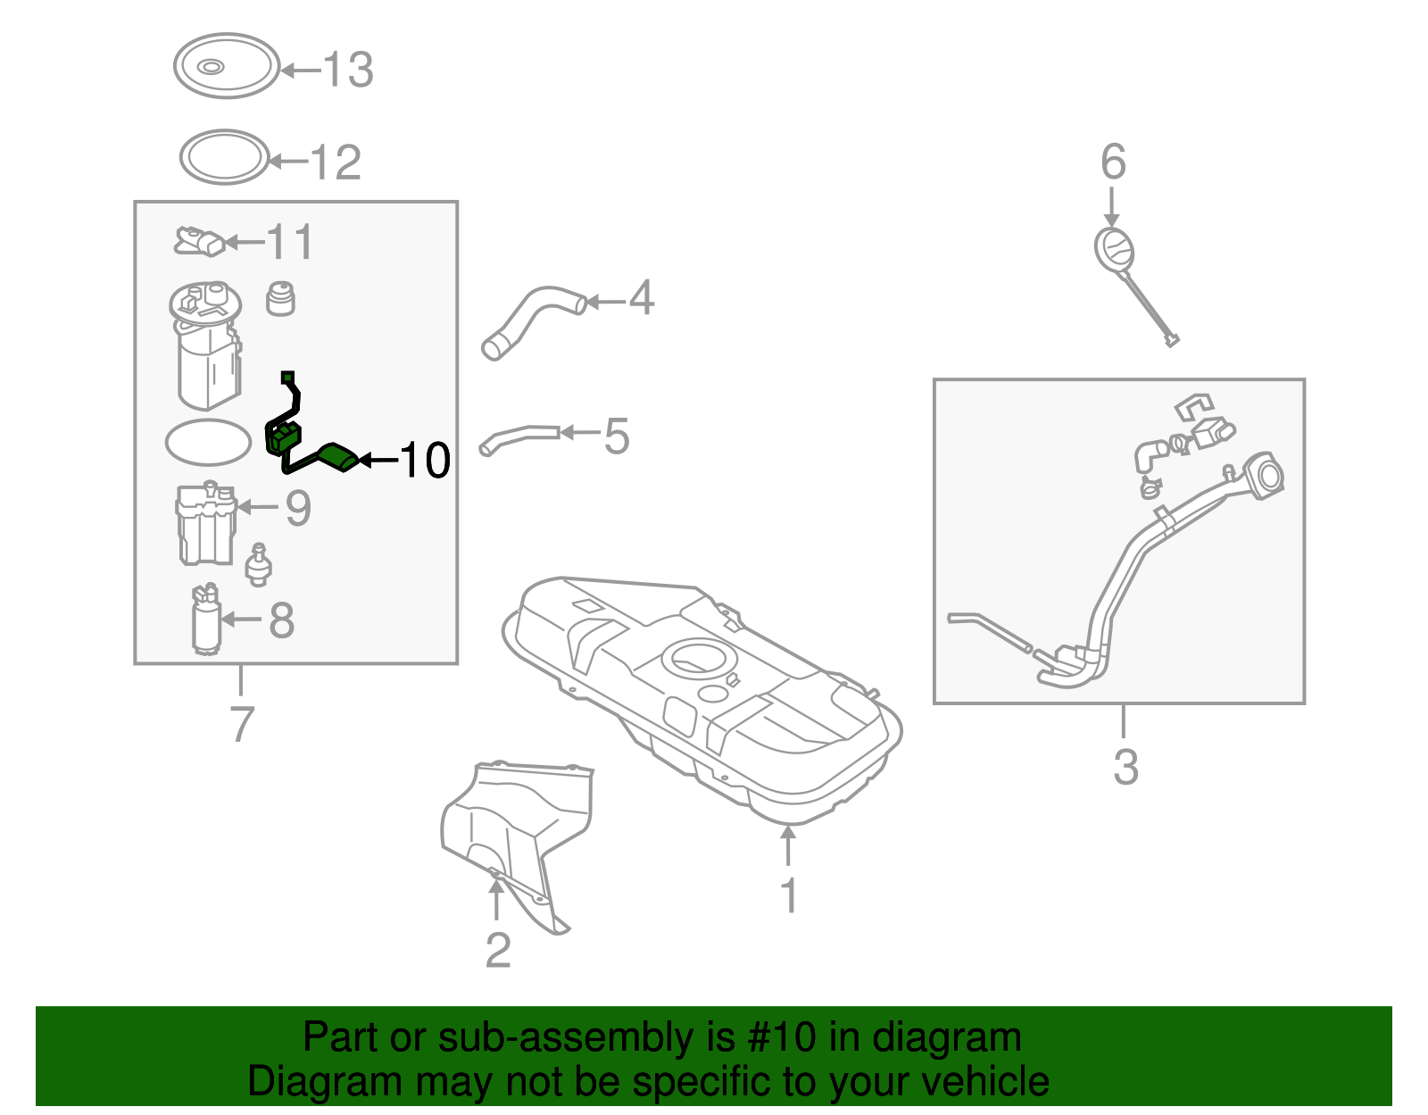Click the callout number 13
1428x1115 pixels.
click(347, 70)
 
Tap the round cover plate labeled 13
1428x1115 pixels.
click(227, 65)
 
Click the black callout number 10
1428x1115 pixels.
click(425, 461)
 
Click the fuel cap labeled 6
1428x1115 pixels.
click(1115, 250)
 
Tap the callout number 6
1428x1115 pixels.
click(1113, 162)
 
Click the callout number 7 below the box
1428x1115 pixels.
click(242, 724)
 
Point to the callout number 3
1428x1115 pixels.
click(1125, 767)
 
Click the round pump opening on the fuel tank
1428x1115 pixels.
click(700, 657)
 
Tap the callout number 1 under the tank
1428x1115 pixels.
click(788, 895)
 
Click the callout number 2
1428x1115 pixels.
click(498, 951)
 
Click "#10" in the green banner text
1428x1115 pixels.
click(781, 1037)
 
